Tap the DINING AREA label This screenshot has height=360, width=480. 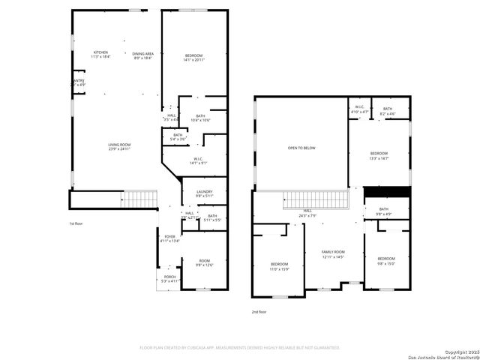click(142, 55)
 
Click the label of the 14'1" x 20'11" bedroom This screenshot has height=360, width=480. click(194, 58)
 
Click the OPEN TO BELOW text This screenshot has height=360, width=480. click(301, 148)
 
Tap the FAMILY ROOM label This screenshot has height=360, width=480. click(333, 253)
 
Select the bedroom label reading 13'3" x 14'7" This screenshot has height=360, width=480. click(378, 155)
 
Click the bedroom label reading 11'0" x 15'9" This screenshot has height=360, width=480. click(279, 266)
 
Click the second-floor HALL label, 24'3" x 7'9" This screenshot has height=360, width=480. click(307, 213)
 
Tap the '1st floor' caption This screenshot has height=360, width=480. click(76, 223)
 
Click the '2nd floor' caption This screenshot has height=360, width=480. click(259, 312)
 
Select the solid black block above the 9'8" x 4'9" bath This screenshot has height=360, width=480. click(385, 191)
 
